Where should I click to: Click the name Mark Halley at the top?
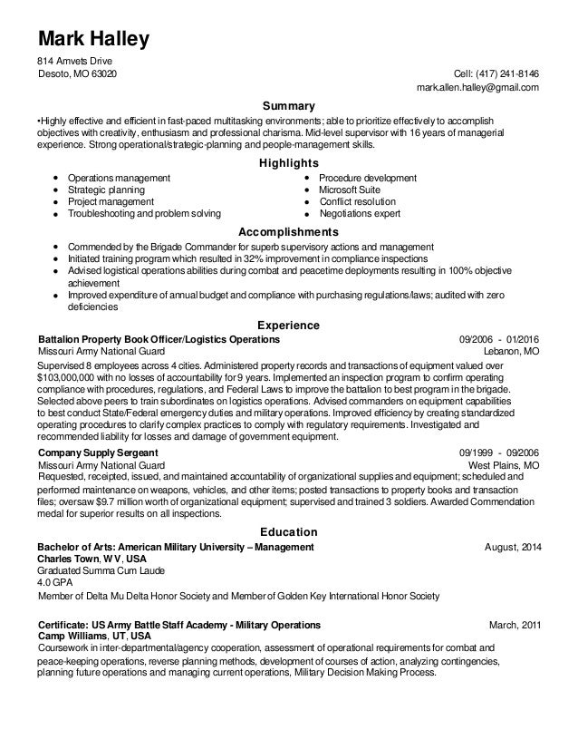(92, 39)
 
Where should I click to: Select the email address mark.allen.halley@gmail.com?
(477, 88)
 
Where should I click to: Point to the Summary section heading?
(288, 106)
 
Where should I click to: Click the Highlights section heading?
(288, 162)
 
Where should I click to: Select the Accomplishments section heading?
(288, 233)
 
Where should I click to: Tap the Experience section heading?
(288, 324)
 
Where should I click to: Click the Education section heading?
(288, 532)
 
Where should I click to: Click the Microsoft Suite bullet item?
(350, 190)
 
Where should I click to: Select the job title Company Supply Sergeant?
(98, 452)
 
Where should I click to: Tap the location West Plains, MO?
(503, 464)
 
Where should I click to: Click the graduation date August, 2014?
(513, 548)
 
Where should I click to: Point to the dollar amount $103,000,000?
(75, 376)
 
